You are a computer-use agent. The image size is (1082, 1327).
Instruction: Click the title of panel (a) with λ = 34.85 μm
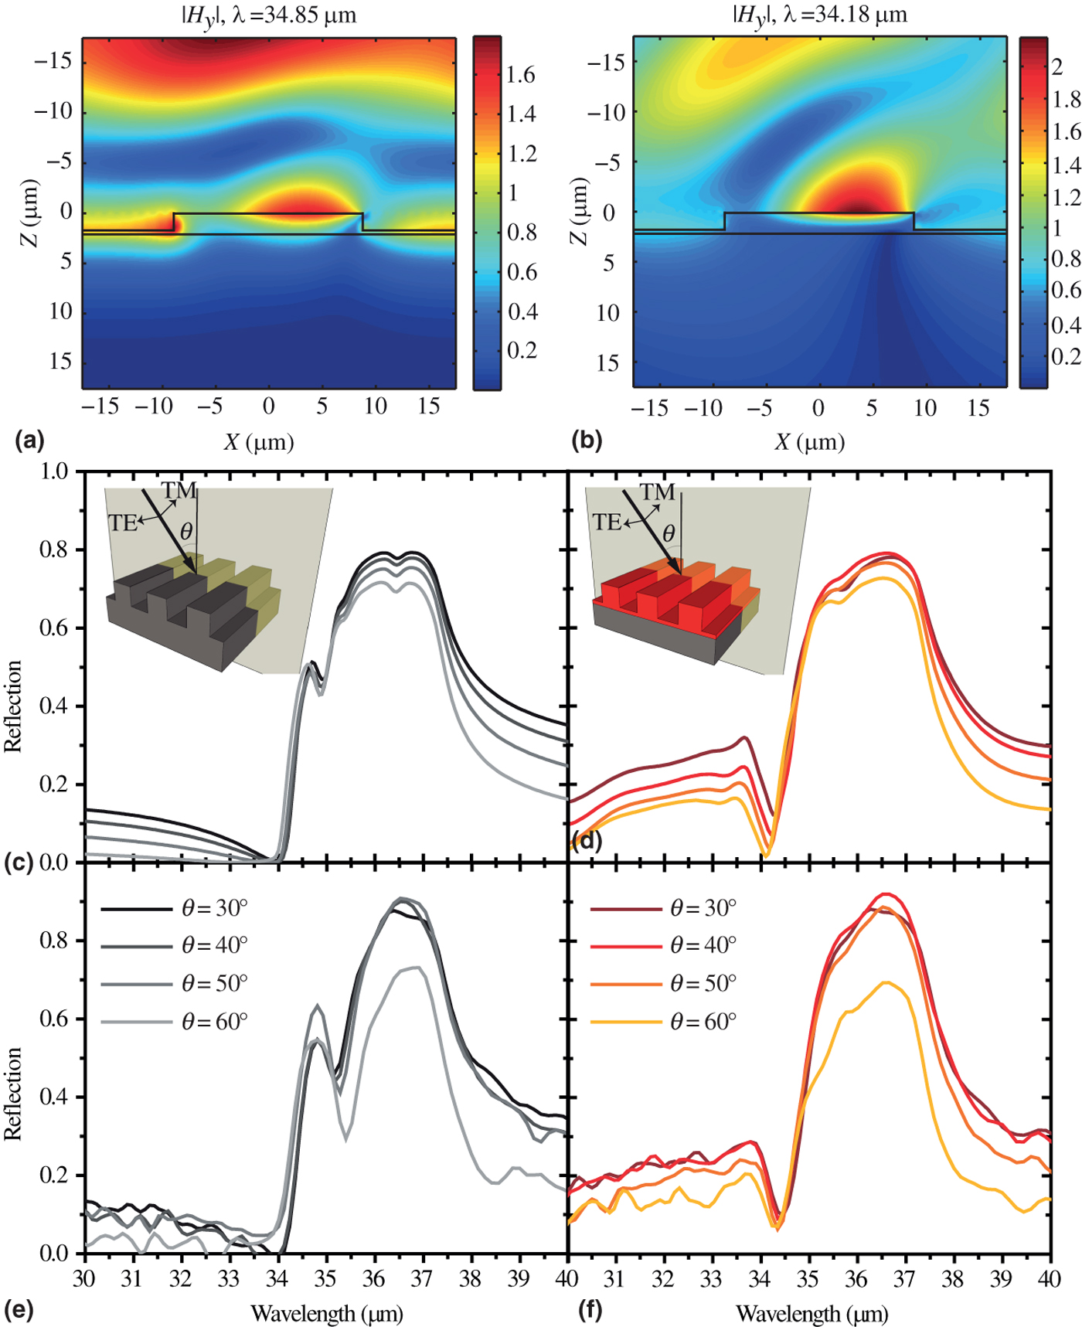click(268, 15)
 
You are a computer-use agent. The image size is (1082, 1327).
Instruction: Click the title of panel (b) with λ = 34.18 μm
click(819, 15)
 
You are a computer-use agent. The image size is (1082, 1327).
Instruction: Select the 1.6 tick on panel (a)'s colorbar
click(521, 75)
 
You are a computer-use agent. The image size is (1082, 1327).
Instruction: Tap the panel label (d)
click(587, 840)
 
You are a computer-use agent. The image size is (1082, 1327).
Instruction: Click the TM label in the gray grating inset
click(179, 491)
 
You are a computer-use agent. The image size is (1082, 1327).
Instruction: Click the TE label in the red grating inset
click(607, 522)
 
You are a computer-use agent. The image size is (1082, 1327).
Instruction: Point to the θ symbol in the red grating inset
click(669, 533)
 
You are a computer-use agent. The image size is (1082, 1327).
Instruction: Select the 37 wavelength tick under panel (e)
click(421, 1279)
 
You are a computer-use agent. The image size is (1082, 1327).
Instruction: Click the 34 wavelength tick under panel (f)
click(760, 1279)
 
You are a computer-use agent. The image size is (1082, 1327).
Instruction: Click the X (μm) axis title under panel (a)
click(260, 442)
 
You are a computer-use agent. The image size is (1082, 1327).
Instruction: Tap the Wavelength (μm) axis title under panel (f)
click(811, 1313)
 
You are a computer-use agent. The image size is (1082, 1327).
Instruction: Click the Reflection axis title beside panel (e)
click(13, 1093)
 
